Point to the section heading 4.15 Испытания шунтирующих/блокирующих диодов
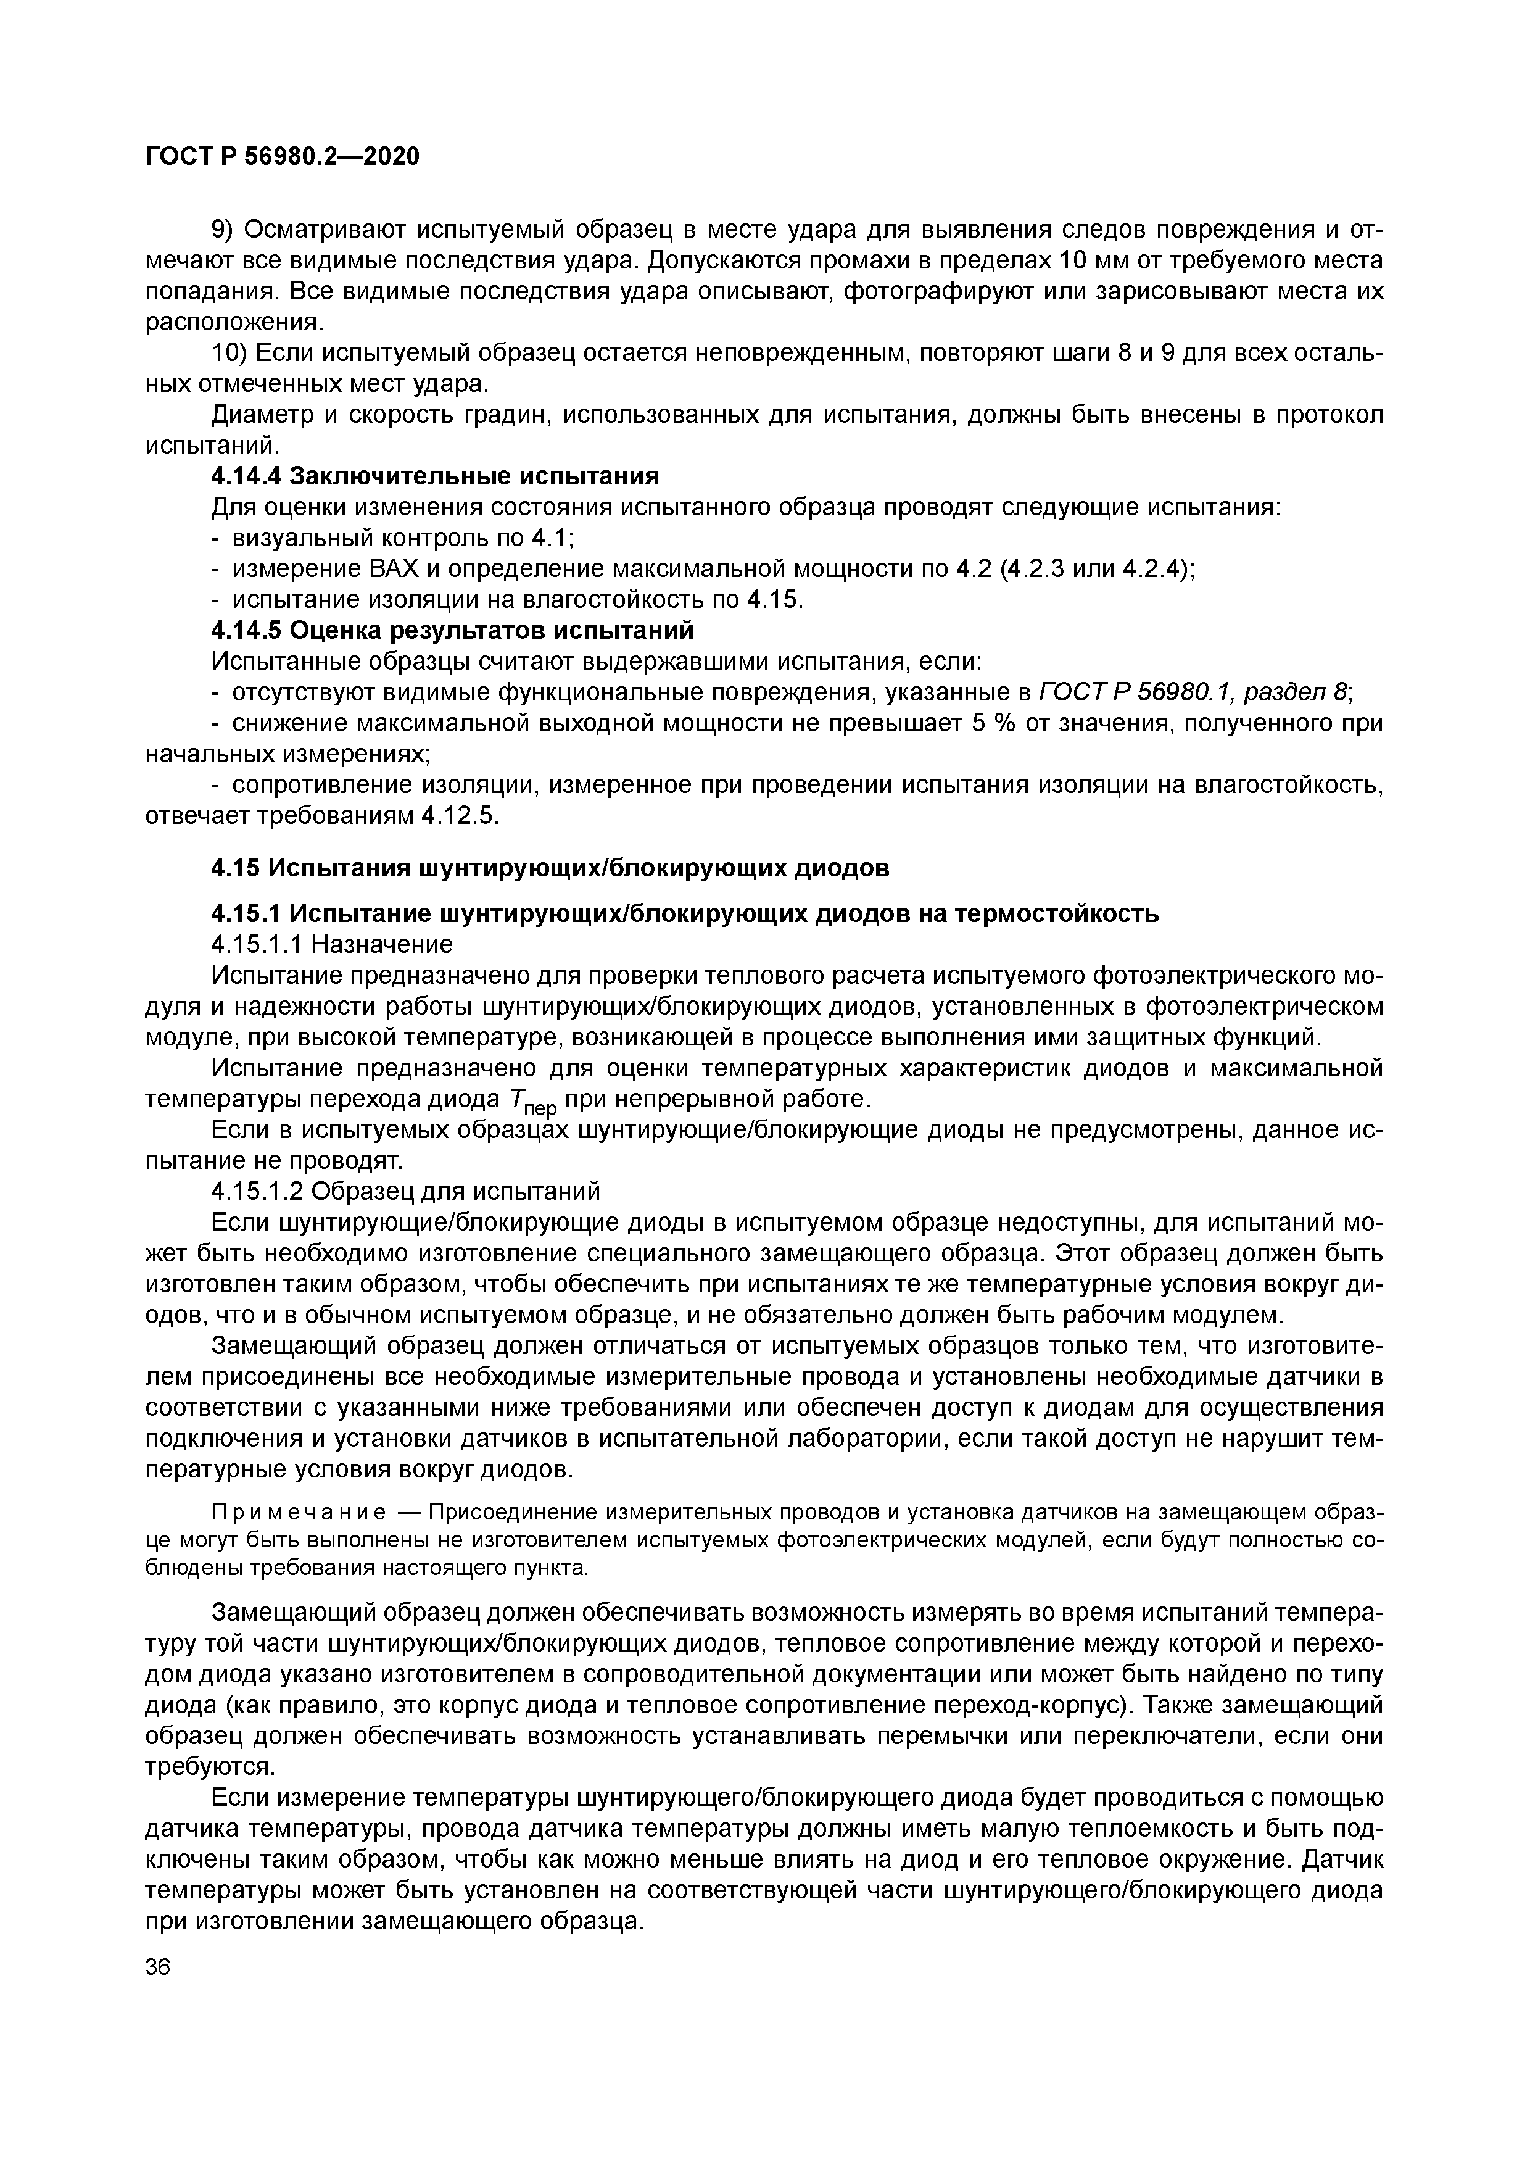(550, 868)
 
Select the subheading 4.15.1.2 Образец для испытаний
(405, 1191)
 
